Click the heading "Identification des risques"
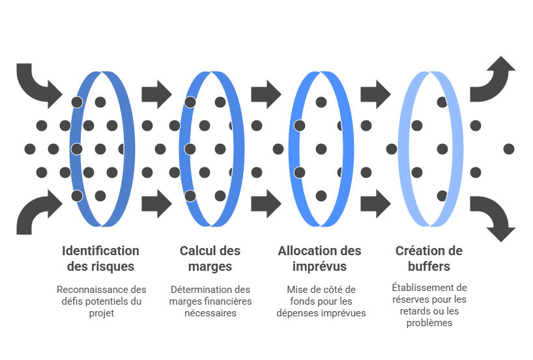(x=100, y=258)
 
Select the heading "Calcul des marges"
(x=210, y=258)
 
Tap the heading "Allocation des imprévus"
(x=319, y=258)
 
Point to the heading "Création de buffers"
(x=429, y=258)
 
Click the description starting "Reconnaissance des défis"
(x=100, y=301)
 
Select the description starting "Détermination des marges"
(x=210, y=301)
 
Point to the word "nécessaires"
(x=210, y=313)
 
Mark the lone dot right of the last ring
(x=509, y=149)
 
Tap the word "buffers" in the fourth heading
(x=429, y=267)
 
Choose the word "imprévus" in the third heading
(x=319, y=267)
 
